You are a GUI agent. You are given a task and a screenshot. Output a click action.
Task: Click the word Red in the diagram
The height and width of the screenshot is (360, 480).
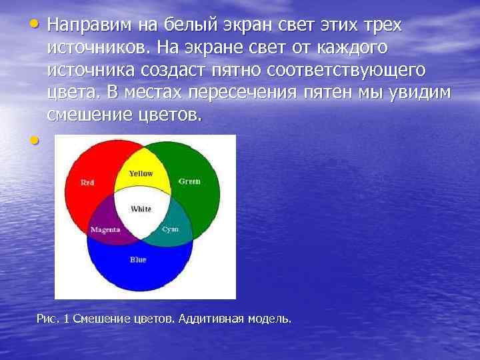point(87,182)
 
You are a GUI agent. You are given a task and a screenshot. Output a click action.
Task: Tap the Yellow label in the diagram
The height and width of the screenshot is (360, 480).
point(141,173)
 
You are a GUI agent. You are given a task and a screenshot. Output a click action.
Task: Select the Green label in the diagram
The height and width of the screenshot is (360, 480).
point(189,181)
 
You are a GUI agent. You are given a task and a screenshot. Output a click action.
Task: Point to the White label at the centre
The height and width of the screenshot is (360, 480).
point(141,209)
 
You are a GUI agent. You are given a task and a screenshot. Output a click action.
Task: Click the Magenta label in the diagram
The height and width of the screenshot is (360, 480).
point(105,229)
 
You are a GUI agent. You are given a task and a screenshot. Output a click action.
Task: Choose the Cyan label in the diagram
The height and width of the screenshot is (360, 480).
point(171,229)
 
